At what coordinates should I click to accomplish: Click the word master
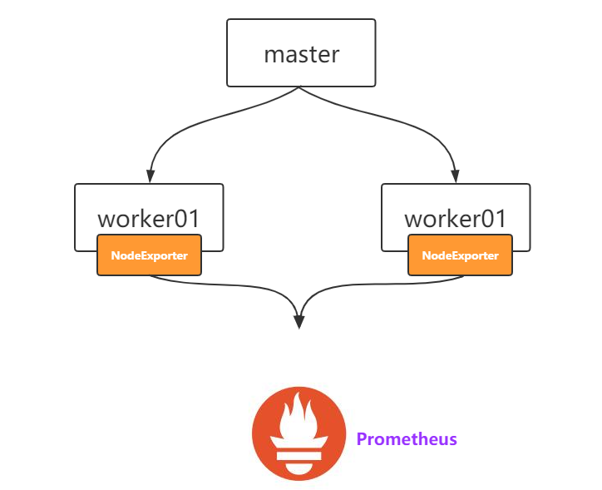(x=301, y=55)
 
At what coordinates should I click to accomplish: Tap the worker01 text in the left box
(x=149, y=219)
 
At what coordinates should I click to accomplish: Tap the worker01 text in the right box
(x=455, y=219)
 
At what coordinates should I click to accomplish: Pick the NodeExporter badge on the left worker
(x=149, y=255)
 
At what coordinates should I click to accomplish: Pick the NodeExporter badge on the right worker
(x=460, y=255)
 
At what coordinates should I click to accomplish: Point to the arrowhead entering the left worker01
(x=150, y=176)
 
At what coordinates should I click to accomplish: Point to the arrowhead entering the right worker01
(x=454, y=176)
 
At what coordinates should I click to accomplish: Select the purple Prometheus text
(x=407, y=438)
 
